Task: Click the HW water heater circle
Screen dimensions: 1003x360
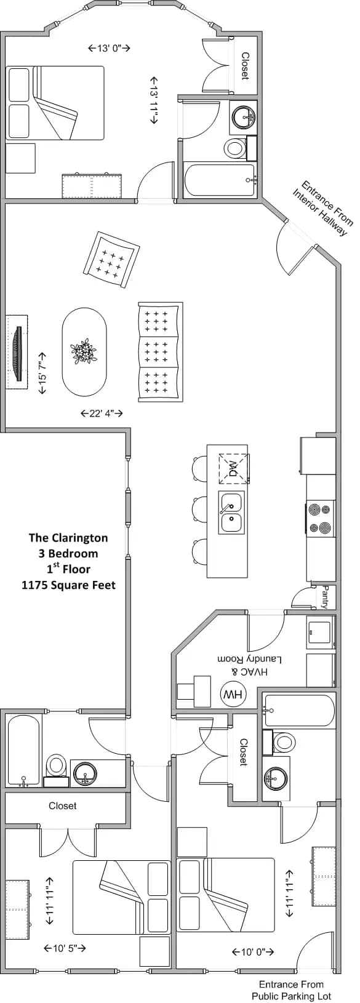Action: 233,694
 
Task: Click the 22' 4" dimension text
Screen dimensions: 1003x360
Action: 102,413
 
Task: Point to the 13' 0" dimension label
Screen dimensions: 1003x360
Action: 109,48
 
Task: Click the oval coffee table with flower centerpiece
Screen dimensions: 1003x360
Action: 84,352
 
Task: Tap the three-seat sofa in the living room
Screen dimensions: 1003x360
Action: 160,352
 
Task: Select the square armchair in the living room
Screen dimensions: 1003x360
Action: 111,259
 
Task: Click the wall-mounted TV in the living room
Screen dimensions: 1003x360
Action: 17,352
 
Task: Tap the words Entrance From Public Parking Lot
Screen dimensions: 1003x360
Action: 291,990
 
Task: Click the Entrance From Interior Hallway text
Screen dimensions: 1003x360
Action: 324,207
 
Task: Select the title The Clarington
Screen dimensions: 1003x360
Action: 68,537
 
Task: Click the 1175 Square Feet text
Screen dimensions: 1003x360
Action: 68,585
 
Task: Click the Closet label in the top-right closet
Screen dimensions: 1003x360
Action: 245,66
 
